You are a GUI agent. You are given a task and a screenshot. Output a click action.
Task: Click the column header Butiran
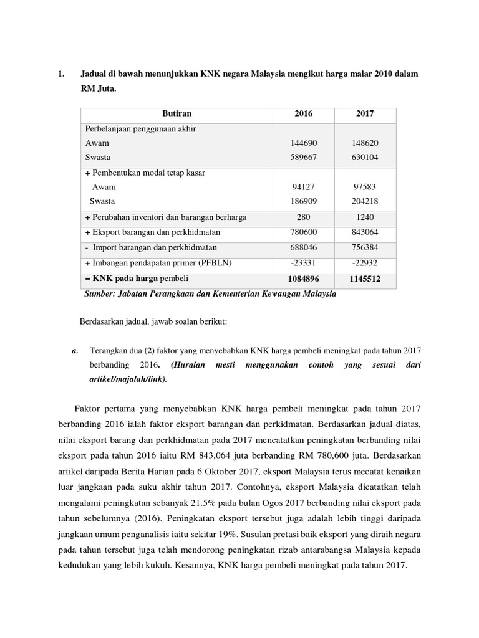coord(177,114)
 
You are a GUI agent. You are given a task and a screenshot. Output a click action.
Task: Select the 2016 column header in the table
coord(304,114)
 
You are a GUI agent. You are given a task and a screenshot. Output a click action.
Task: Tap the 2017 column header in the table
coord(365,114)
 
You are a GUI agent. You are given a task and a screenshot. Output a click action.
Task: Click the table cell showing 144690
coord(304,143)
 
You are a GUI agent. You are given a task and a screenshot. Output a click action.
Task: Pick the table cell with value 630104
coord(365,158)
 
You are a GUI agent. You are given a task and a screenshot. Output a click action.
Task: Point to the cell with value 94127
coord(304,187)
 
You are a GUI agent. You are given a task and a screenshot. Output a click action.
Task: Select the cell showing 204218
coord(365,201)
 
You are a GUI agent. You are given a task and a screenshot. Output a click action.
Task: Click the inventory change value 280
coord(304,217)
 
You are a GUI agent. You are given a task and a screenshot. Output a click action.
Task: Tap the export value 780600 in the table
coord(304,232)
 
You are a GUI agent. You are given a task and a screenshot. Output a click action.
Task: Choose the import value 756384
coord(365,247)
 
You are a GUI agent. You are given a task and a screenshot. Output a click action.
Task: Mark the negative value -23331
coord(304,262)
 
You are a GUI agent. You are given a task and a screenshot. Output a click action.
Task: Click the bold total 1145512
coord(365,278)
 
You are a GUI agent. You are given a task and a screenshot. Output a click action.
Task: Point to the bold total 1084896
coord(304,278)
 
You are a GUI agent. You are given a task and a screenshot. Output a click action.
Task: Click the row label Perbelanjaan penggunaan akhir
coord(141,128)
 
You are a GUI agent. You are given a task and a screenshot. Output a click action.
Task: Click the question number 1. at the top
coord(60,74)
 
